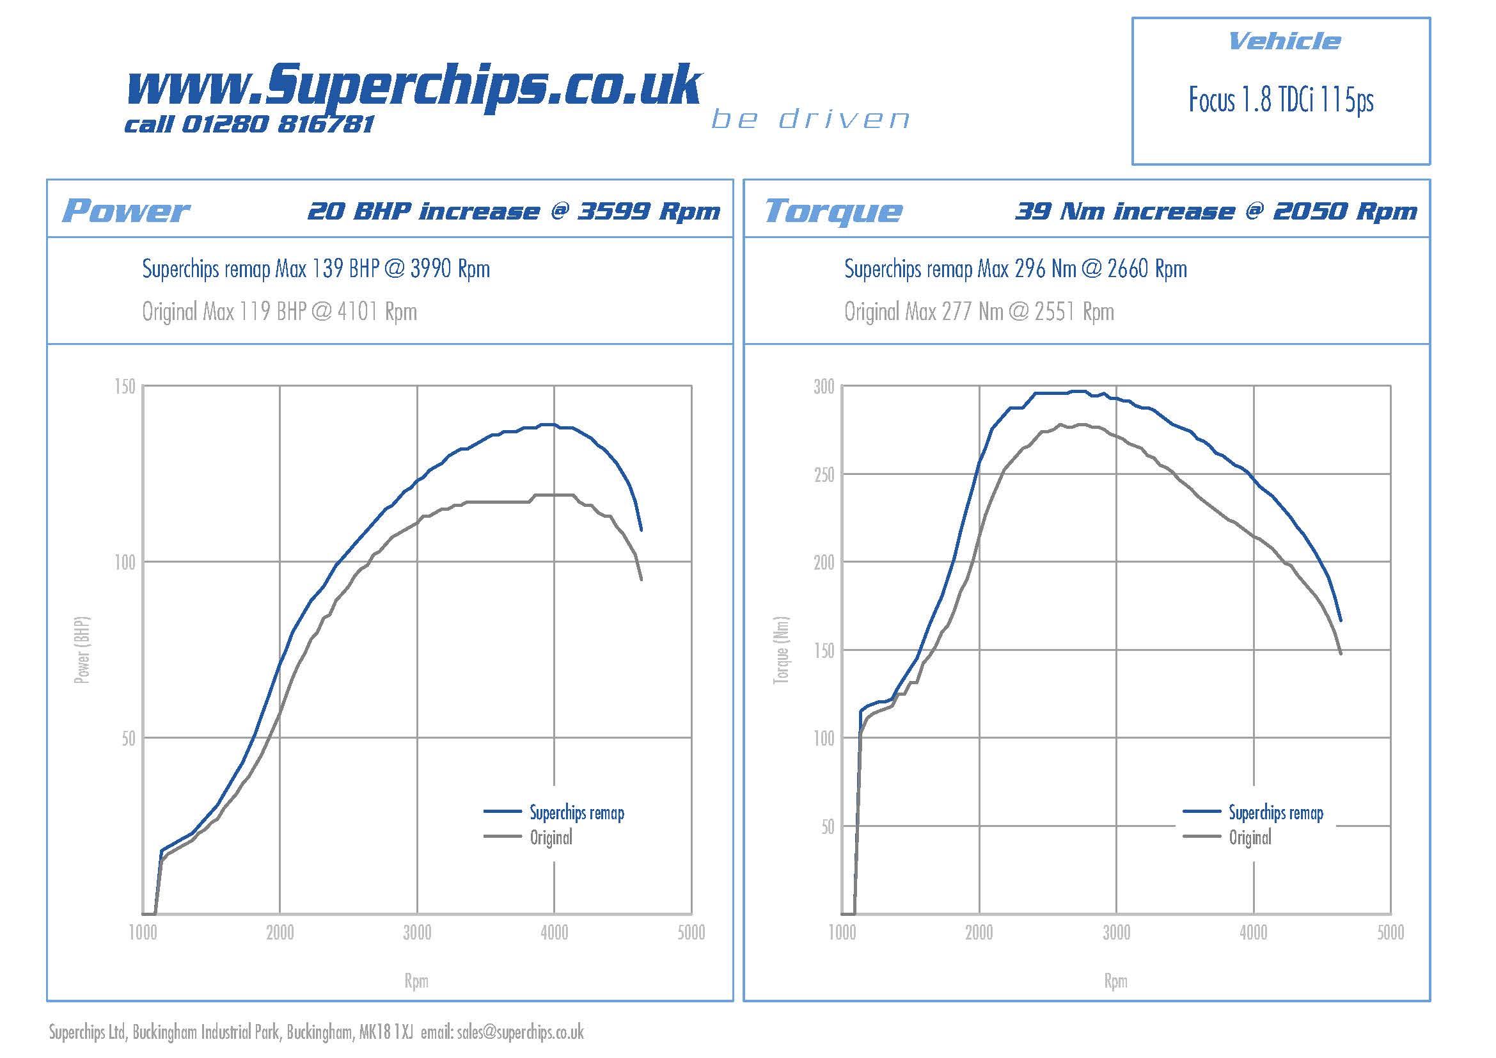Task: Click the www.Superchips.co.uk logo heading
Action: [x=413, y=84]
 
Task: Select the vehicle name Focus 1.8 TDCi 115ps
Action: [x=1280, y=100]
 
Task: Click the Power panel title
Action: [x=126, y=211]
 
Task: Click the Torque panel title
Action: [x=833, y=211]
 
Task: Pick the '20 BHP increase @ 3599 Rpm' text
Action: [x=514, y=211]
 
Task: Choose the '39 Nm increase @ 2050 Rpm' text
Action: [x=1215, y=211]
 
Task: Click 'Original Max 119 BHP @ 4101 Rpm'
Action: [x=280, y=312]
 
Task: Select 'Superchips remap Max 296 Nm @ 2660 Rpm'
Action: [x=1015, y=269]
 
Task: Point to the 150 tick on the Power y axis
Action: [x=125, y=387]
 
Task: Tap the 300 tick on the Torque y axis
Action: [x=824, y=387]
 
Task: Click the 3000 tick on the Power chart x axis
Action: [x=417, y=933]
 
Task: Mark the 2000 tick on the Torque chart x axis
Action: [x=979, y=933]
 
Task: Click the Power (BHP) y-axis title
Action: [x=82, y=650]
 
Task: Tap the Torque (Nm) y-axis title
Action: [x=780, y=650]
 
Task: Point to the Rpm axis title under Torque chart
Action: [x=1115, y=981]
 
